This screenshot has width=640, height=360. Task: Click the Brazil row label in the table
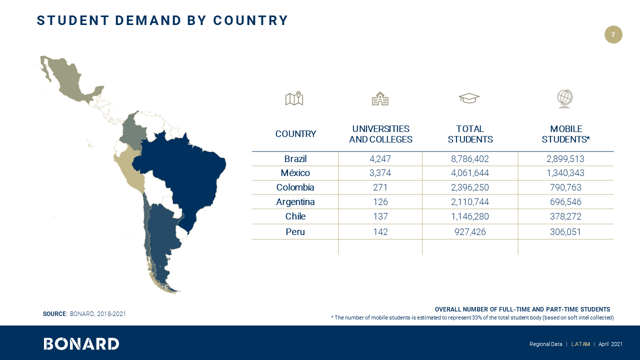[x=295, y=159]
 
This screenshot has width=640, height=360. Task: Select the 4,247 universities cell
[x=380, y=159]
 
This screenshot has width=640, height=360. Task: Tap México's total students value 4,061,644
[x=470, y=173]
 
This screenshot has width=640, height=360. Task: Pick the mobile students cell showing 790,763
[x=565, y=187]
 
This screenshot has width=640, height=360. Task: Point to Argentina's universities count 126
[x=380, y=202]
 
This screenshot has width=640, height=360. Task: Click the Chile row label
[x=295, y=216]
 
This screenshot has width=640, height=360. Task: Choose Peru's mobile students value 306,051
[x=565, y=232]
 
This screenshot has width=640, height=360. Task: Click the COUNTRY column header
[x=295, y=134]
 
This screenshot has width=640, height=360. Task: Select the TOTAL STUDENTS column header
[x=470, y=134]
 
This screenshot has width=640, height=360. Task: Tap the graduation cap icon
[x=469, y=98]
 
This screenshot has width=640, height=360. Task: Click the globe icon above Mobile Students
[x=565, y=98]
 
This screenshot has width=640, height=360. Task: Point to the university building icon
[x=380, y=99]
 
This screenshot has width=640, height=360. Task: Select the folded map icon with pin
[x=294, y=99]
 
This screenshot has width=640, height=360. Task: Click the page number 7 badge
[x=613, y=34]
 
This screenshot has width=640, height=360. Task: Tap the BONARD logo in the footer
[x=81, y=343]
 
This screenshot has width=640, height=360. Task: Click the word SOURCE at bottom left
[x=54, y=314]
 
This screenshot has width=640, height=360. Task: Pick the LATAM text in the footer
[x=580, y=344]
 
